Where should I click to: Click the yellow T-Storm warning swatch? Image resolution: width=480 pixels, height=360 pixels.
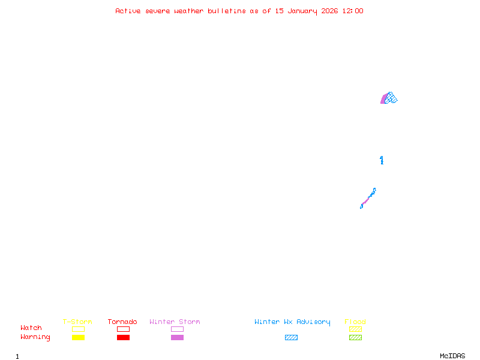[x=78, y=338]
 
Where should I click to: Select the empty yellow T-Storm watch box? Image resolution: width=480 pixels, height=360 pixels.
[x=78, y=329]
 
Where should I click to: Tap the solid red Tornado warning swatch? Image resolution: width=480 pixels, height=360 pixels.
[x=123, y=338]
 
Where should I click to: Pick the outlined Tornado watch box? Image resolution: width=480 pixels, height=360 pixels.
[x=123, y=329]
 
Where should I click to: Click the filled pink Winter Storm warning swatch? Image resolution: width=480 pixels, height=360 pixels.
[x=177, y=338]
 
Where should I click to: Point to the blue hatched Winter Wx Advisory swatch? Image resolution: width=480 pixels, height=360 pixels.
[x=291, y=338]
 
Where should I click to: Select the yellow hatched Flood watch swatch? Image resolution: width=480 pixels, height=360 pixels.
[x=355, y=329]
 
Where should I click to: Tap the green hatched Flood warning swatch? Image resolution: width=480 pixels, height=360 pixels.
[x=355, y=338]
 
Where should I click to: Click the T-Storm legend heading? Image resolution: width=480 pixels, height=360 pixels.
[x=77, y=322]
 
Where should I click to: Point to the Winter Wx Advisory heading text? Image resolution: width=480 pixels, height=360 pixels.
[x=292, y=322]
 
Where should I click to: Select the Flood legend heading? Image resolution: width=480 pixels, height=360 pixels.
[x=355, y=322]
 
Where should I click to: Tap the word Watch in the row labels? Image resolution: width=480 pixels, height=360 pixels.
[x=31, y=328]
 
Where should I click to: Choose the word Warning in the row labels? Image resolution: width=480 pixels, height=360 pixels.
[x=35, y=337]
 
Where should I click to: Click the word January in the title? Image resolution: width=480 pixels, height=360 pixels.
[x=302, y=11]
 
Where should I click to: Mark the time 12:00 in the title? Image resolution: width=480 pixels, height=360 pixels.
[x=352, y=11]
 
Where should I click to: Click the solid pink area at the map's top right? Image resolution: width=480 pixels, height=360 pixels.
[x=383, y=100]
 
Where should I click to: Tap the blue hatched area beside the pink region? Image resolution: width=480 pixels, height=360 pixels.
[x=391, y=98]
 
